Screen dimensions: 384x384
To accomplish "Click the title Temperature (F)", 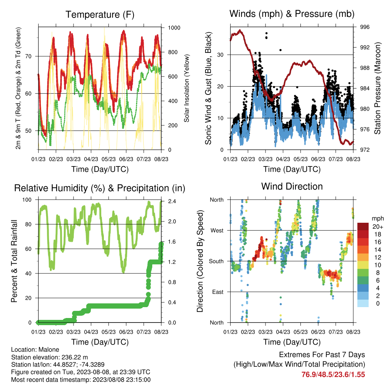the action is point(100,15).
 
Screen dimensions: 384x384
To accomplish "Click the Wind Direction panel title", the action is point(292,186).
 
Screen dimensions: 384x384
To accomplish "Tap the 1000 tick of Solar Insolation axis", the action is point(174,28).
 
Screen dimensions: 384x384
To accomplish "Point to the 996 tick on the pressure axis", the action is point(364,27).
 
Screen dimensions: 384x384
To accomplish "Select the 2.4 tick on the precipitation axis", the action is point(172,201).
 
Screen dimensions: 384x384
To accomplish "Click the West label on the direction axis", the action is point(217,231).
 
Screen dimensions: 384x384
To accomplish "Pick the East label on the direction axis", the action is point(218,292).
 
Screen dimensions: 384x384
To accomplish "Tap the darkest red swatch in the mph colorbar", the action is point(363,226).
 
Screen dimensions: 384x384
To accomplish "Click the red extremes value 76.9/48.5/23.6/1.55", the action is point(333,375).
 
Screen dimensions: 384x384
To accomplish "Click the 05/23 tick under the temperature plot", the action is point(108,159).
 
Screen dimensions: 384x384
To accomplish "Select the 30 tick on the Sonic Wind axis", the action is point(220,55).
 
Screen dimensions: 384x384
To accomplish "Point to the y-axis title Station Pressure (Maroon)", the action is point(377,88).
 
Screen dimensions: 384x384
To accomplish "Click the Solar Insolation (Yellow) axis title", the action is point(187,88).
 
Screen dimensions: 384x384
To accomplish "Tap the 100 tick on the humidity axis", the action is point(27,200).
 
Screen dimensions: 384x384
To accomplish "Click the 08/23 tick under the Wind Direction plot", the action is point(353,332).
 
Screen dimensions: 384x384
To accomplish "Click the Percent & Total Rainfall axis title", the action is point(14,261).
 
